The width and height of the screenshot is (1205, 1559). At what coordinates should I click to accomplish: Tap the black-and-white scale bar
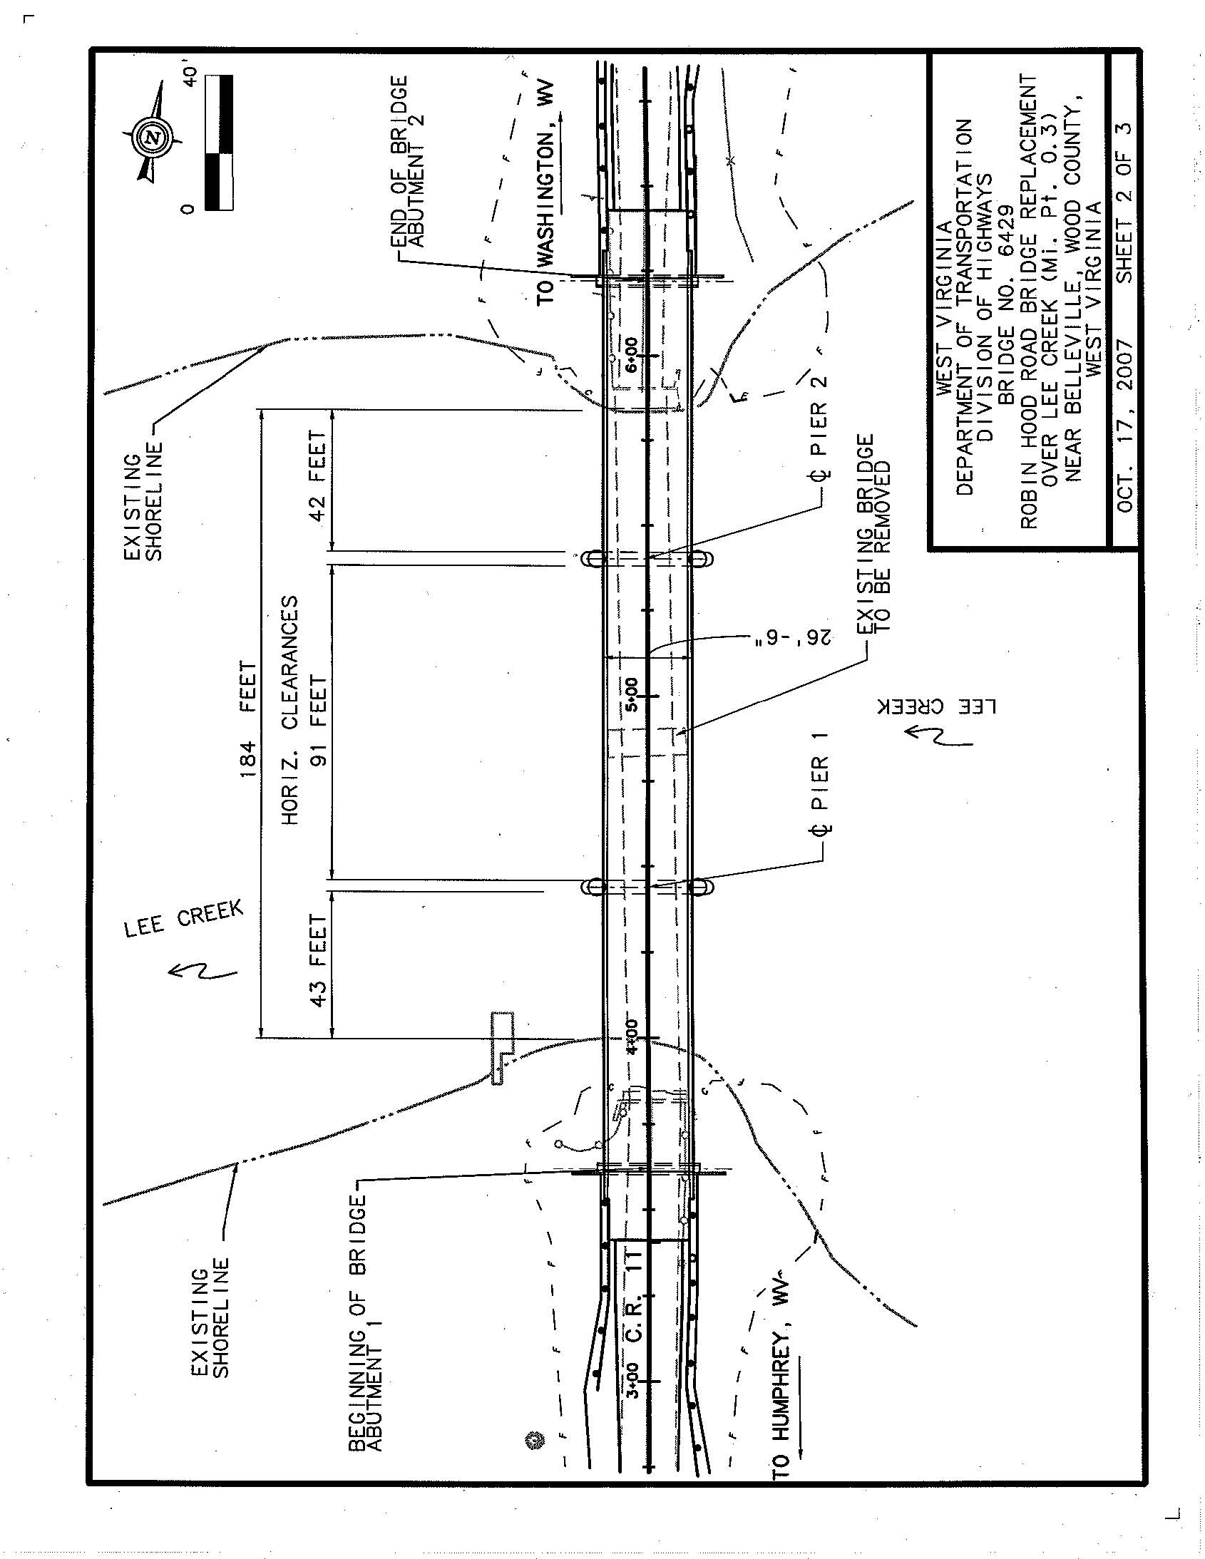point(218,143)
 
